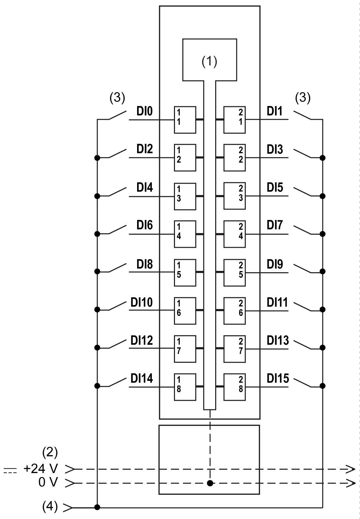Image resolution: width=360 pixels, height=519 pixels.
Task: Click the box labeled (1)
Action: pos(209,60)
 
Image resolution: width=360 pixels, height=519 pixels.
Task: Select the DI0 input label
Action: pos(144,111)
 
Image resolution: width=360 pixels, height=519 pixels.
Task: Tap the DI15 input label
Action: pos(278,379)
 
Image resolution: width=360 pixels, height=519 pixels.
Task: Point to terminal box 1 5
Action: pos(185,272)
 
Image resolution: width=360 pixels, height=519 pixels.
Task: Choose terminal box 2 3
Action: pos(235,196)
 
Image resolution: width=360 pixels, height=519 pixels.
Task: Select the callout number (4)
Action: pos(50,507)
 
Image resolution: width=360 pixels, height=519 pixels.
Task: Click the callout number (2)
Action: pos(50,453)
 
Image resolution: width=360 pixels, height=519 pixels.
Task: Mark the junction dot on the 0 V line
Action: pos(210,483)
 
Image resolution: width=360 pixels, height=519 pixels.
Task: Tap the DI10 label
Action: pos(141,302)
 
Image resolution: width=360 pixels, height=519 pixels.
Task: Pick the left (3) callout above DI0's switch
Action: pos(117,98)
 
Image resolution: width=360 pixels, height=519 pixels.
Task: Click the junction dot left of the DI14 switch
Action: pos(97,386)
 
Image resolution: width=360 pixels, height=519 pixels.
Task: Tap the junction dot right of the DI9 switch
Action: pos(322,272)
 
